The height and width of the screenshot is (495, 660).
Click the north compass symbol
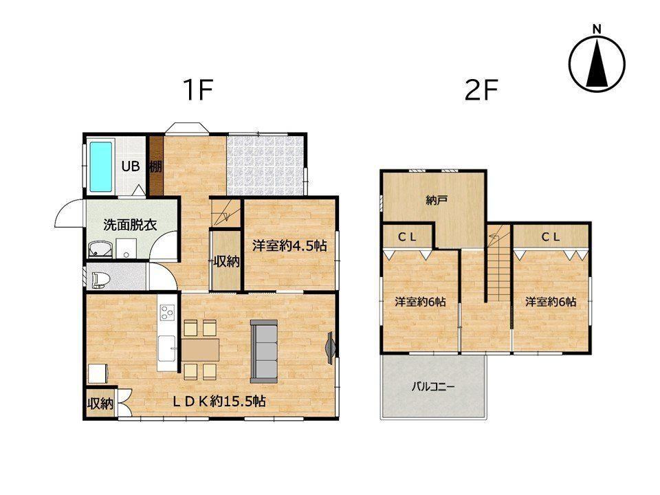(597, 63)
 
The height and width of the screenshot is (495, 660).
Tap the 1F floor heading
(198, 89)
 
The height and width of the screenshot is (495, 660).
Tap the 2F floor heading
(481, 89)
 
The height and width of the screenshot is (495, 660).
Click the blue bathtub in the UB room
(101, 166)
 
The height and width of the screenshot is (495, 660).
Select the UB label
(131, 166)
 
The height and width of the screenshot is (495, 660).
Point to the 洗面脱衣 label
(130, 225)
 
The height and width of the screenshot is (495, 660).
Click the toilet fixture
(98, 280)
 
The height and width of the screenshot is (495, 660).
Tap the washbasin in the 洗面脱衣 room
(101, 249)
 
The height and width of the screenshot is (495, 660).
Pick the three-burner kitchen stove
(166, 312)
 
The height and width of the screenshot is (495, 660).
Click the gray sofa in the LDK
(264, 351)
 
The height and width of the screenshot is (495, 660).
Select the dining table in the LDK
(200, 350)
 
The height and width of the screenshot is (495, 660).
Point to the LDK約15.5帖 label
(219, 401)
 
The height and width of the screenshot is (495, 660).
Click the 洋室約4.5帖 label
(289, 245)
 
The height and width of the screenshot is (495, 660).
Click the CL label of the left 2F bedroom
(407, 237)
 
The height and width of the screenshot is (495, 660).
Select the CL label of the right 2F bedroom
(551, 237)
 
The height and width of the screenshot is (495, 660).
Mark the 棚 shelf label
(156, 166)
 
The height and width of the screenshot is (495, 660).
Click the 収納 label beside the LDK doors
(100, 404)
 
